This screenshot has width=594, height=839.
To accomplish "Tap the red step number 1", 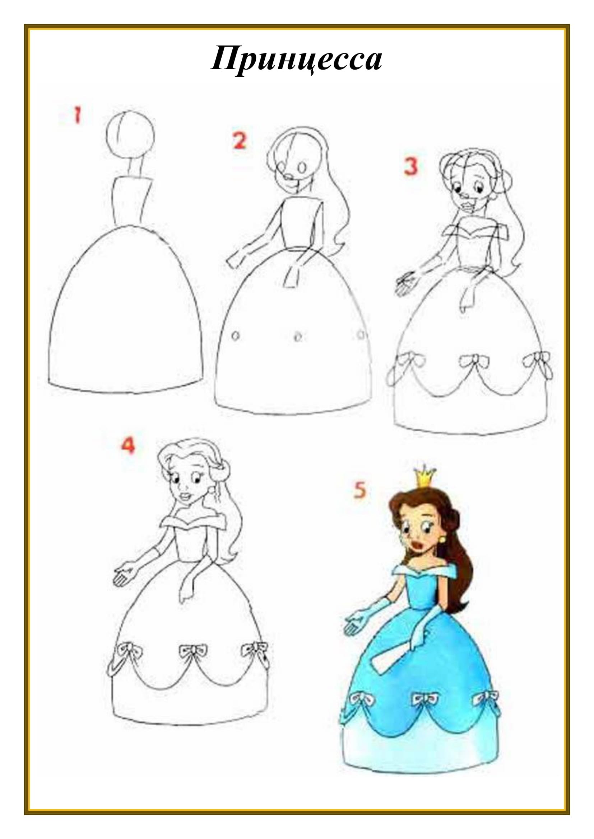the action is click(77, 115).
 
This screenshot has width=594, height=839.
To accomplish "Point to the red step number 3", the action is click(411, 166).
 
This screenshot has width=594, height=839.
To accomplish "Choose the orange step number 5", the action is click(360, 490).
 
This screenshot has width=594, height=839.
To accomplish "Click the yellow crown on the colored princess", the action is click(424, 477).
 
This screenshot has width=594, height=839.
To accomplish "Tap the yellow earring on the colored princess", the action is click(442, 539).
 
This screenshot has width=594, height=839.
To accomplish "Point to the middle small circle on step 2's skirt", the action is click(298, 336).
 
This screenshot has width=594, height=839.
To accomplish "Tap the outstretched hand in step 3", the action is click(405, 282).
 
